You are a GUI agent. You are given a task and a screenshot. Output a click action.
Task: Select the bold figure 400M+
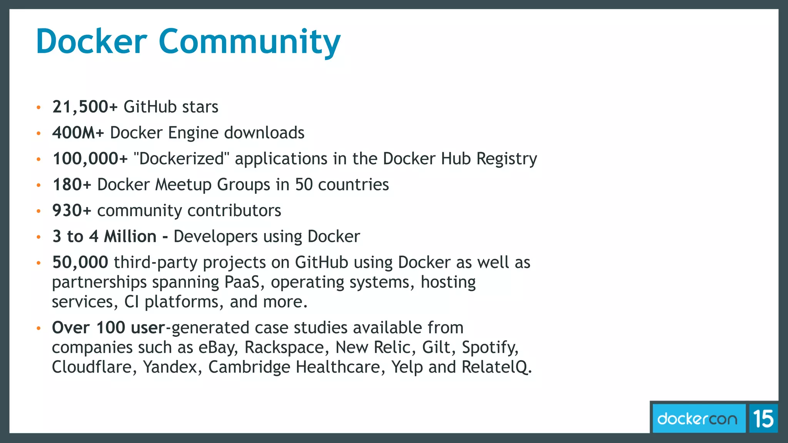(78, 133)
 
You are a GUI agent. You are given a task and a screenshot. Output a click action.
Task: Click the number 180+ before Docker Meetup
(72, 185)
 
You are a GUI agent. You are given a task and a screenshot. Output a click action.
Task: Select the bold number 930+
(72, 211)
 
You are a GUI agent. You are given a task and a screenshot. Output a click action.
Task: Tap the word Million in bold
(130, 236)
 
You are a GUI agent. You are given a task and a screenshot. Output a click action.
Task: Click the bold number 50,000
(80, 262)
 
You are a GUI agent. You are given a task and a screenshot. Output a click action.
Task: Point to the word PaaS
(244, 282)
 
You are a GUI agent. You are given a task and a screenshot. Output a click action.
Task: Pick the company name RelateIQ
(496, 367)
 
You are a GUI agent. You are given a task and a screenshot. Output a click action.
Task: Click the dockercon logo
(697, 418)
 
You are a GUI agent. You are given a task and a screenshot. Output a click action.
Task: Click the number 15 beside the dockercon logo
(763, 418)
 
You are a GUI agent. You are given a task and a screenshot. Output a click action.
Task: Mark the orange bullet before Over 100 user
(38, 328)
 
